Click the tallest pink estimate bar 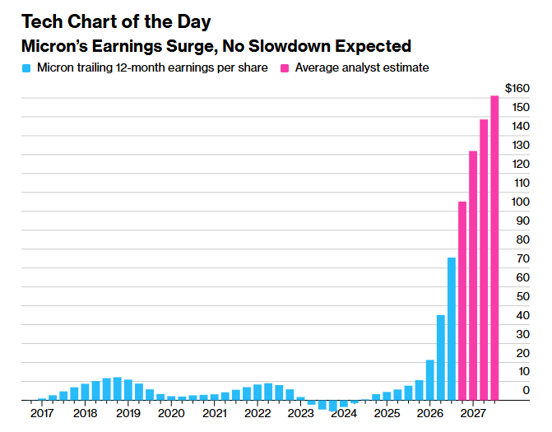pos(494,248)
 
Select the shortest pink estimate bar pos(462,300)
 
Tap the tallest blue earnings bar pos(452,329)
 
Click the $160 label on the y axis pos(517,88)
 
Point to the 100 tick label pos(520,202)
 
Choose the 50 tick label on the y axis pos(522,296)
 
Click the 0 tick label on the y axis pos(526,390)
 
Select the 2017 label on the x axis pos(42,413)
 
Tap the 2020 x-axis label pos(171,413)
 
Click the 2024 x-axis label pos(344,413)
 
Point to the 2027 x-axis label pos(473,413)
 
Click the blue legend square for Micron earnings pos(26,68)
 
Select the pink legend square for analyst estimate pos(285,68)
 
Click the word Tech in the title pos(42,22)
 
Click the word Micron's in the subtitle pos(54,46)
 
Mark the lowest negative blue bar pos(333,406)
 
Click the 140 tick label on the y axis pos(521,126)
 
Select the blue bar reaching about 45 pos(441,358)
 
